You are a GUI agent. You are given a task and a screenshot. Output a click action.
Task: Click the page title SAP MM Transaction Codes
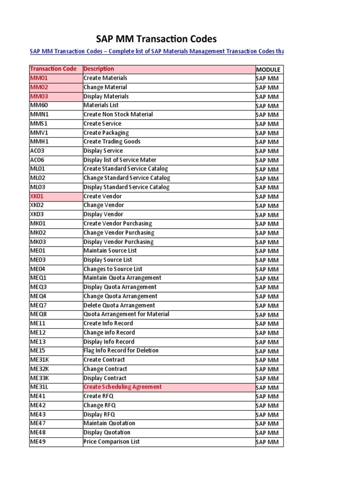click(157, 39)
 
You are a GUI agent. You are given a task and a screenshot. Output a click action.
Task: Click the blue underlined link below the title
click(157, 51)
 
